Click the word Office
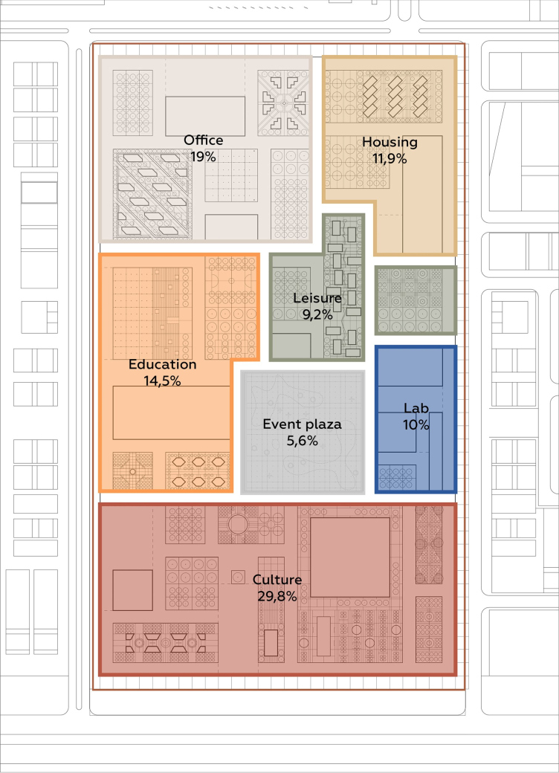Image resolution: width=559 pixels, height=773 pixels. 203,140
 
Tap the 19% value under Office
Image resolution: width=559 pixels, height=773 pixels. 203,157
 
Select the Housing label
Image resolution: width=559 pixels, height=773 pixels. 390,143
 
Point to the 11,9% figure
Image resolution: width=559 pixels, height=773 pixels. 390,159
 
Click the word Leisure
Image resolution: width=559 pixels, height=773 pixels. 317,298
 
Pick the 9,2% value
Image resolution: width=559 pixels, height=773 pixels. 317,314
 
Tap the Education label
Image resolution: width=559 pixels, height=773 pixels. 162,364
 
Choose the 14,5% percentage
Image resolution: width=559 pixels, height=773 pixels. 162,381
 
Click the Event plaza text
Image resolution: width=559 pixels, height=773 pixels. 302,424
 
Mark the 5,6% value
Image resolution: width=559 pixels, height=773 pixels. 302,441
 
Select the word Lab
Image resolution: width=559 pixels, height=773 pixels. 416,408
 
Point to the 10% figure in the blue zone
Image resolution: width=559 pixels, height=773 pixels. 416,425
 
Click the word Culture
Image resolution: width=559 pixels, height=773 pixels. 277,580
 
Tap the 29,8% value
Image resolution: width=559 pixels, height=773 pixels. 277,597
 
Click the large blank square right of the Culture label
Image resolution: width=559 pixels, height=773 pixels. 350,557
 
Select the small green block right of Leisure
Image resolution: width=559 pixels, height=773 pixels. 416,300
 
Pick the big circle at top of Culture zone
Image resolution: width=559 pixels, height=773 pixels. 238,524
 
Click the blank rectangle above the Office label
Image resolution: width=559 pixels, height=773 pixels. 205,117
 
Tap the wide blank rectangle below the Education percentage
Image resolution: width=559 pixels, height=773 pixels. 172,413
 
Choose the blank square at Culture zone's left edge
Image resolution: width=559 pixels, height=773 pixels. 132,590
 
